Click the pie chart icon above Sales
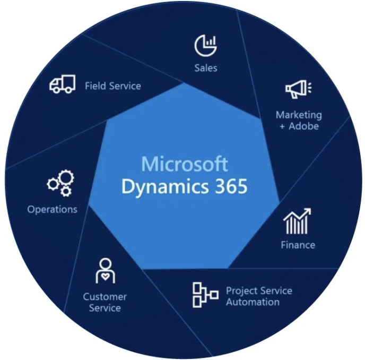pos(205,46)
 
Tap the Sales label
pos(205,68)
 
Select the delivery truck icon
pos(62,85)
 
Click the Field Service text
pos(113,85)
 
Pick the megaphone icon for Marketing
pos(298,89)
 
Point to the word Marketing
pos(299,115)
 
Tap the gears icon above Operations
pos(60,183)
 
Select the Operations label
pos(53,209)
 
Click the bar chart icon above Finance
pos(297,221)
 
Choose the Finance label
pos(298,245)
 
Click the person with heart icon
pos(105,271)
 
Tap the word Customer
pos(105,297)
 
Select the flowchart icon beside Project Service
pos(205,295)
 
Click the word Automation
pos(253,302)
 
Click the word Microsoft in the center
pos(185,164)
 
